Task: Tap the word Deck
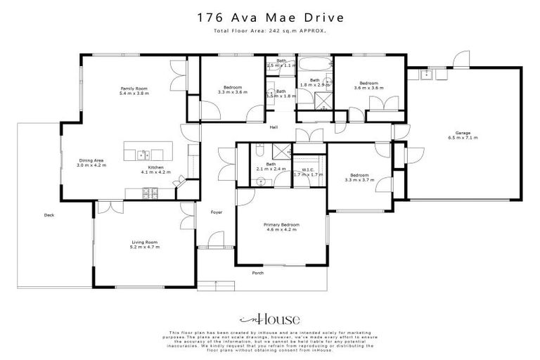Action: [x=49, y=215]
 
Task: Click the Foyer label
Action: [x=217, y=212]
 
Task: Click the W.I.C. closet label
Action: [x=307, y=169]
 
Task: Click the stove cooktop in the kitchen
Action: [x=150, y=192]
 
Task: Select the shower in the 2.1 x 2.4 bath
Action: [x=281, y=150]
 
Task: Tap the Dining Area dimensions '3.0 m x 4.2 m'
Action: [x=91, y=164]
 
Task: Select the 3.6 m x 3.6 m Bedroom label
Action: [x=369, y=86]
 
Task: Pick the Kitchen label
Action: [x=155, y=168]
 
